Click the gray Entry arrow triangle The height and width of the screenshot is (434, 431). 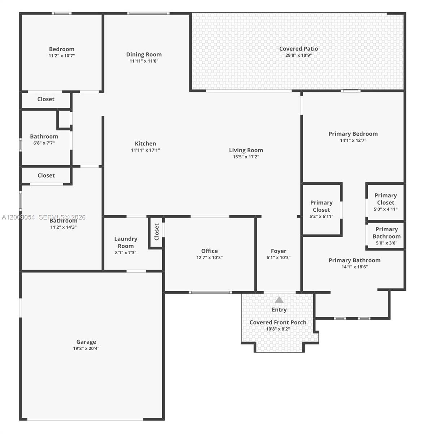(x=279, y=300)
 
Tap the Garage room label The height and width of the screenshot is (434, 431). (x=86, y=342)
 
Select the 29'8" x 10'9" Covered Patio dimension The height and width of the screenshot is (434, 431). (x=298, y=55)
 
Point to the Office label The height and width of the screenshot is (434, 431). (x=210, y=251)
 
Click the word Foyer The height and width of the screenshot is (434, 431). (x=279, y=251)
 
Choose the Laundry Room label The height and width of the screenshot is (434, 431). (x=126, y=242)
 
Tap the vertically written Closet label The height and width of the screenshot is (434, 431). (x=156, y=232)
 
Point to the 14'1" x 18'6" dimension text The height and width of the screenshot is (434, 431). (x=354, y=267)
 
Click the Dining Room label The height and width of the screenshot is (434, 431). (x=144, y=55)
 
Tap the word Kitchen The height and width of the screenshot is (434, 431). (x=145, y=144)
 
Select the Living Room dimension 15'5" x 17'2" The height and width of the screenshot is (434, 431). (x=246, y=157)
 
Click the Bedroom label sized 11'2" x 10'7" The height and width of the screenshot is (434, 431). (x=62, y=49)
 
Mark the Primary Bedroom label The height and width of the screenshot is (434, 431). (x=353, y=134)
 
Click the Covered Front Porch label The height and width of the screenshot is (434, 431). (x=278, y=322)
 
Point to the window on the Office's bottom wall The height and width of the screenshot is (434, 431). (x=211, y=292)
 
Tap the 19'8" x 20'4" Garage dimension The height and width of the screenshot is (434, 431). (x=86, y=349)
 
